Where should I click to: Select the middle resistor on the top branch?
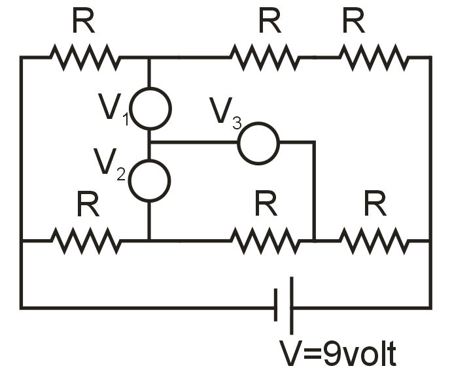click(264, 58)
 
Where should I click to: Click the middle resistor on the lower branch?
click(264, 240)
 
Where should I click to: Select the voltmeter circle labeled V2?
click(150, 180)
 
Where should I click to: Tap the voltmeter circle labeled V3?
click(258, 141)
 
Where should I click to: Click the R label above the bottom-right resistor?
click(374, 206)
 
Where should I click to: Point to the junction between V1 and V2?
click(150, 142)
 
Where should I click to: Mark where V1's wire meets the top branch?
click(150, 58)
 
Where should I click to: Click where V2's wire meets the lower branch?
click(150, 240)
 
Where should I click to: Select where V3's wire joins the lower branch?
click(315, 240)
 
